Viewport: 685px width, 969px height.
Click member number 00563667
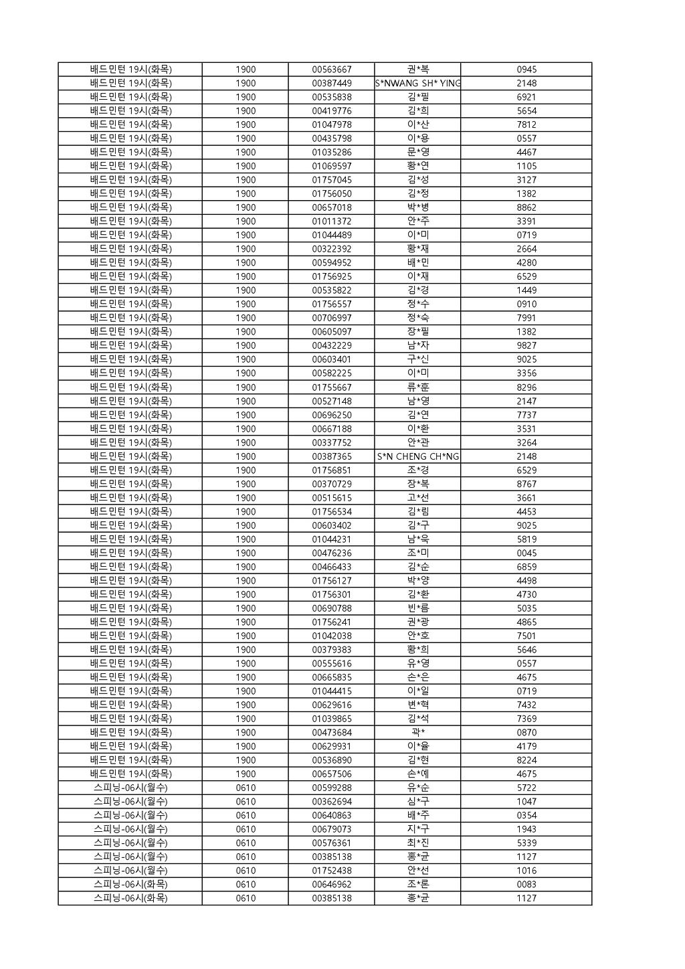[x=331, y=70]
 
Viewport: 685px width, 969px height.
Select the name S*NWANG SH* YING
[x=417, y=84]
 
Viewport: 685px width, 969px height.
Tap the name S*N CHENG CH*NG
[x=417, y=456]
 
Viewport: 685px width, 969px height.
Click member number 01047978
[x=331, y=125]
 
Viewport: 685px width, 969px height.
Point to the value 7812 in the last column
[x=526, y=125]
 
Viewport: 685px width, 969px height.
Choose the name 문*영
[x=418, y=153]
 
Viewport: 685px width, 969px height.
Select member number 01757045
[x=331, y=180]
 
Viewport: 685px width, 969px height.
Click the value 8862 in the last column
[x=526, y=207]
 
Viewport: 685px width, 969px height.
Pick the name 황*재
[x=418, y=249]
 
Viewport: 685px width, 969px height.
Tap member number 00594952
[x=331, y=263]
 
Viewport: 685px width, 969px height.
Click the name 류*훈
[x=418, y=387]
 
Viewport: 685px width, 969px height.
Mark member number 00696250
[x=331, y=415]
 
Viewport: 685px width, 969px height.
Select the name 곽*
[x=418, y=733]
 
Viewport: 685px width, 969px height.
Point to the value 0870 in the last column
[x=526, y=733]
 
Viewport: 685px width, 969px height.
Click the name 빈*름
[x=418, y=608]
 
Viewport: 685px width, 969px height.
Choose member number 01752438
[x=331, y=871]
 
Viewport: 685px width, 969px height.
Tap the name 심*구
[x=418, y=802]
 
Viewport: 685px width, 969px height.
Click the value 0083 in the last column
[x=526, y=885]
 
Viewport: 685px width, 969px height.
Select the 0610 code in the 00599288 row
[x=246, y=788]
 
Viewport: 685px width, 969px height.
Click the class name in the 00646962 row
[x=130, y=885]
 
